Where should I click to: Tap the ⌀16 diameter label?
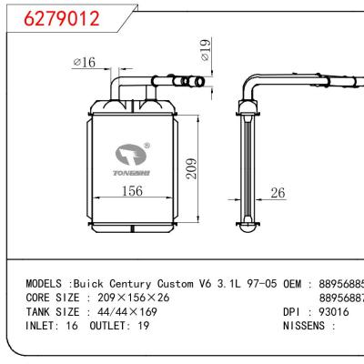(x=84, y=62)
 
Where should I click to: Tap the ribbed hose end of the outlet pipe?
(x=192, y=83)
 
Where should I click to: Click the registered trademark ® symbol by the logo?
(x=147, y=144)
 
